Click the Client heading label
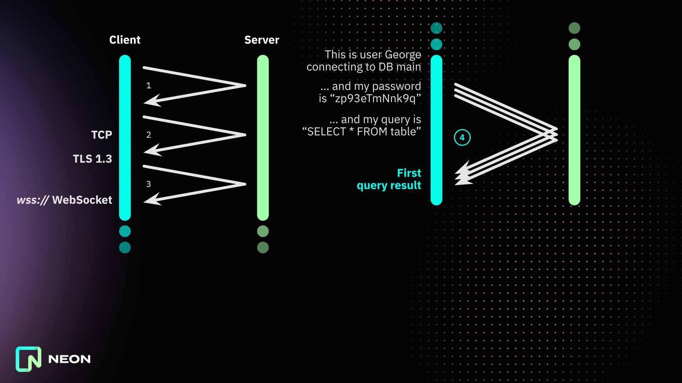pyautogui.click(x=125, y=40)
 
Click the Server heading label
pyautogui.click(x=261, y=40)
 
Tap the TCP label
pyautogui.click(x=102, y=135)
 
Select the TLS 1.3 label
pyautogui.click(x=92, y=159)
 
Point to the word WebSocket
pyautogui.click(x=82, y=200)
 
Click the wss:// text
pyautogui.click(x=33, y=200)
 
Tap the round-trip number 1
pyautogui.click(x=148, y=85)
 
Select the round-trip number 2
pyautogui.click(x=148, y=135)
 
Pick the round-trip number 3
pyautogui.click(x=148, y=184)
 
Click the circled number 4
pyautogui.click(x=462, y=138)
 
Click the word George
pyautogui.click(x=403, y=55)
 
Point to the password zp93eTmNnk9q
pyautogui.click(x=375, y=99)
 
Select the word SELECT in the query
pyautogui.click(x=326, y=132)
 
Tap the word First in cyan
pyautogui.click(x=409, y=173)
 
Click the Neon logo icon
pyautogui.click(x=28, y=359)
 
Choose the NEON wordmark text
pyautogui.click(x=69, y=359)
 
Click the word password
pyautogui.click(x=396, y=86)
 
